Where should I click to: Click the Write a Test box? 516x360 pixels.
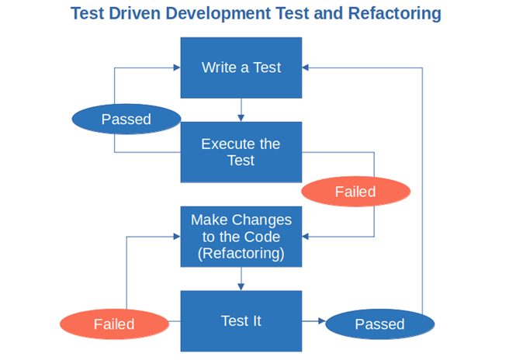[x=241, y=67]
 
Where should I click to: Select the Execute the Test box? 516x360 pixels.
[x=241, y=152]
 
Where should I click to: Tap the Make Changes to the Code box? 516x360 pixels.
[x=241, y=237]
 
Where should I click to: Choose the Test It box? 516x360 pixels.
[x=241, y=321]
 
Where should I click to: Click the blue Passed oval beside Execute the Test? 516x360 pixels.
[x=126, y=119]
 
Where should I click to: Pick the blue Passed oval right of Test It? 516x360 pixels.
[x=379, y=324]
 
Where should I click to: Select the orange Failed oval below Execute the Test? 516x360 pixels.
[x=355, y=192]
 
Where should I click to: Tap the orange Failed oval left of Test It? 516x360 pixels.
[x=114, y=324]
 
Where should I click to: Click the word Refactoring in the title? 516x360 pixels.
[x=395, y=13]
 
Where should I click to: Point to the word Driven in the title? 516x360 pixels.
[x=134, y=13]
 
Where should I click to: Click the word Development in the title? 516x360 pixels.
[x=217, y=14]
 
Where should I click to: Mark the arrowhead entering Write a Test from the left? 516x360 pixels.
[x=177, y=67]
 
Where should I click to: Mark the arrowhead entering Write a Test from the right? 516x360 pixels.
[x=305, y=67]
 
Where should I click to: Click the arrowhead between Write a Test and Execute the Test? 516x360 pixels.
[x=241, y=118]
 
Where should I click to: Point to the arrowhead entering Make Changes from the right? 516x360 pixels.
[x=305, y=237]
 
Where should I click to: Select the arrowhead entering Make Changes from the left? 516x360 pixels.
[x=177, y=237]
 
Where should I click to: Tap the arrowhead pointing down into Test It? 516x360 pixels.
[x=241, y=287]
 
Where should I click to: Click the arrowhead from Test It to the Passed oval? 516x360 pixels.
[x=322, y=321]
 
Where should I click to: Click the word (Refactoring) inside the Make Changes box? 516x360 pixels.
[x=241, y=254]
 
